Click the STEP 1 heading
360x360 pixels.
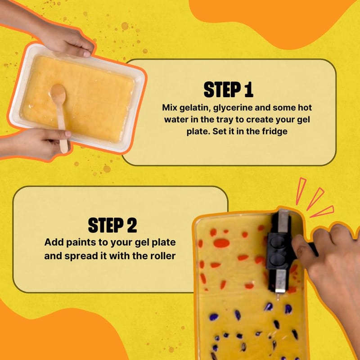[229, 90]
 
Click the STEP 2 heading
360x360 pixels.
[112, 225]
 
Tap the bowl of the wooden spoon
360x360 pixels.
[58, 94]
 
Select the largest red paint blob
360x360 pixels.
[221, 243]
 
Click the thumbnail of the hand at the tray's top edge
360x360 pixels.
[87, 54]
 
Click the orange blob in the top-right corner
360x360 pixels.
[273, 21]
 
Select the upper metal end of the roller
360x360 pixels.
[283, 221]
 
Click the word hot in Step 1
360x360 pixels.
[305, 108]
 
